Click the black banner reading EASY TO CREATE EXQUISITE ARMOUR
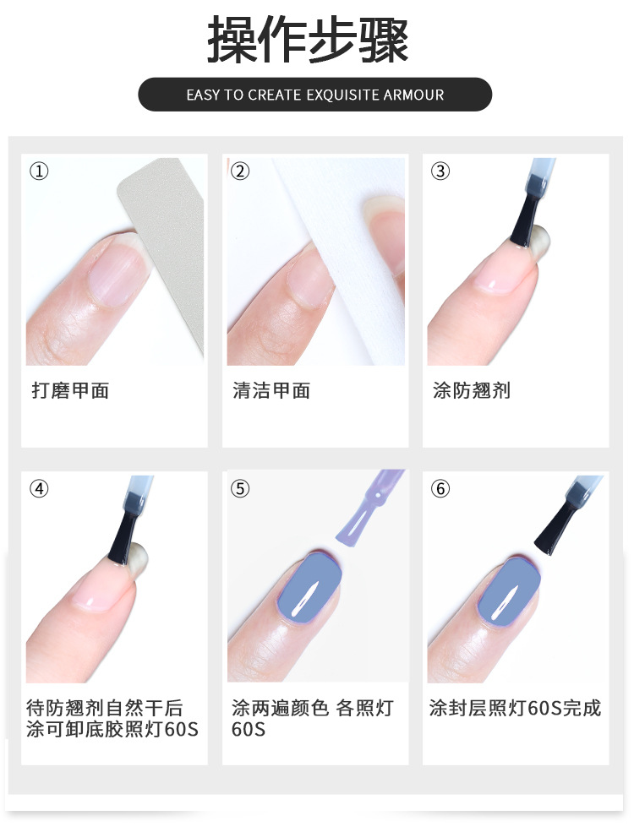click(x=314, y=95)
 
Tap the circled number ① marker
click(x=39, y=171)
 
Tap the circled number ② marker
click(x=240, y=171)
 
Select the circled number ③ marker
click(x=440, y=171)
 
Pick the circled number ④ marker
click(x=39, y=488)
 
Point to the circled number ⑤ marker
click(x=240, y=488)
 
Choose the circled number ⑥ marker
click(x=440, y=488)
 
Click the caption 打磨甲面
click(x=71, y=390)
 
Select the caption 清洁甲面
click(x=271, y=390)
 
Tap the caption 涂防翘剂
click(x=472, y=390)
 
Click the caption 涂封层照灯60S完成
click(x=515, y=708)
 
